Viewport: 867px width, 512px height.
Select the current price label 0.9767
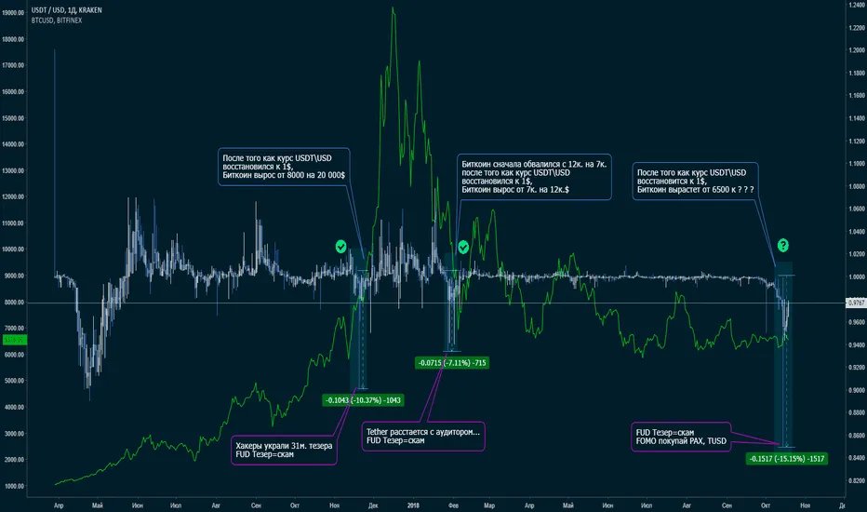(855, 303)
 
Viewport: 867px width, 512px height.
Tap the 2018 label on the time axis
(415, 504)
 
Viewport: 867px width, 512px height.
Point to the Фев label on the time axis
(453, 504)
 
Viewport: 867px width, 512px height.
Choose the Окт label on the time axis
(766, 504)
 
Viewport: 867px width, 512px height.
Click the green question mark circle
(783, 246)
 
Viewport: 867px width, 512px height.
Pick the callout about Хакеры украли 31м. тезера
(281, 450)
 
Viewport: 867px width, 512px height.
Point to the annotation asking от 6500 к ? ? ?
(694, 182)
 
